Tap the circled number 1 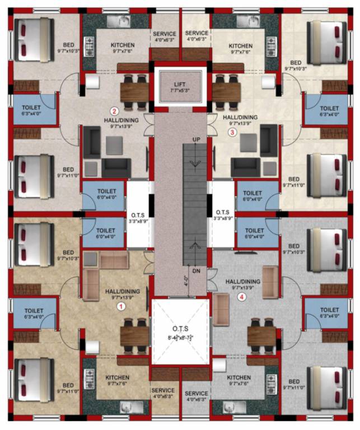point(119,306)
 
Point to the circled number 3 point(233,133)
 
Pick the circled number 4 point(242,297)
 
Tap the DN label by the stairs point(195,271)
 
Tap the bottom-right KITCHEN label point(239,377)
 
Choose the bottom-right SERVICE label point(197,394)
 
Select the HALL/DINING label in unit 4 point(242,282)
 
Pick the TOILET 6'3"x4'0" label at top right point(329,108)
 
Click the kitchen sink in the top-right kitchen point(246,22)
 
